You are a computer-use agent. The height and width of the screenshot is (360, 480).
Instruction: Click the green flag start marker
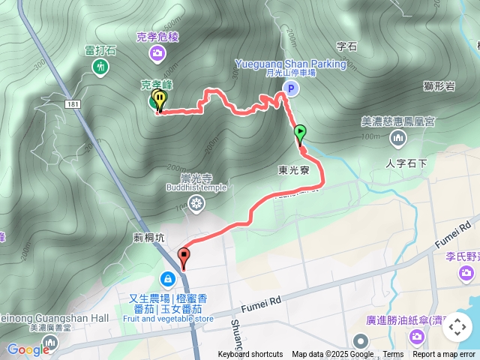click(x=300, y=133)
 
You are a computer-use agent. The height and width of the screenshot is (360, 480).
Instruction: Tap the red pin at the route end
click(x=184, y=259)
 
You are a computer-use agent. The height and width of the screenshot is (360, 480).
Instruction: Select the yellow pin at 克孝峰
click(x=160, y=100)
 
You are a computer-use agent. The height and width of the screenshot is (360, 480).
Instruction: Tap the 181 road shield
click(x=72, y=103)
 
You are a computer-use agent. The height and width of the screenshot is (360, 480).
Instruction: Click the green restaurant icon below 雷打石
click(x=100, y=67)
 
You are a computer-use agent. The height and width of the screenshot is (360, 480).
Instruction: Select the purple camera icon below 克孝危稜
click(x=157, y=52)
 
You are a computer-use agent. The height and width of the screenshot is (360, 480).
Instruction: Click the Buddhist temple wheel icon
click(x=196, y=202)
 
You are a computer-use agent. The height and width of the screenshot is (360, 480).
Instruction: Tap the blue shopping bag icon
click(x=168, y=279)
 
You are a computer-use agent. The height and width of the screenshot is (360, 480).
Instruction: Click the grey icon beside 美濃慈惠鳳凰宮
click(x=397, y=137)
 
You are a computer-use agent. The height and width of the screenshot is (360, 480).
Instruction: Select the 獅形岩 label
click(x=439, y=87)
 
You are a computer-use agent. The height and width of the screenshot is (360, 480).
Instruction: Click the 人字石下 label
click(x=406, y=163)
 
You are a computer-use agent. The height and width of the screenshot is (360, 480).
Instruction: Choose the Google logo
click(x=28, y=349)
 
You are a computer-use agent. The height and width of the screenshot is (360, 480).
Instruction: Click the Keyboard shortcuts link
click(x=250, y=355)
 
